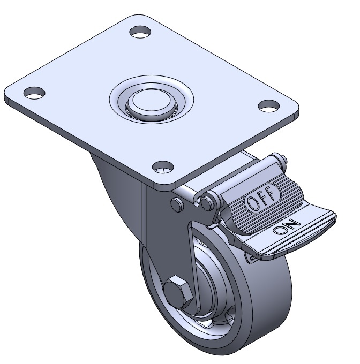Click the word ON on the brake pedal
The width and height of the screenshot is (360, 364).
[287, 227]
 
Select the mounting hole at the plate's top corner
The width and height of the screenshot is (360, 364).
[140, 32]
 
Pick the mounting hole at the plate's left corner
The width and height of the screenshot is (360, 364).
[34, 93]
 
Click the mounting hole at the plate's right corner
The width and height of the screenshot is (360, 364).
[269, 106]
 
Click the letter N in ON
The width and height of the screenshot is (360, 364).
[294, 224]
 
